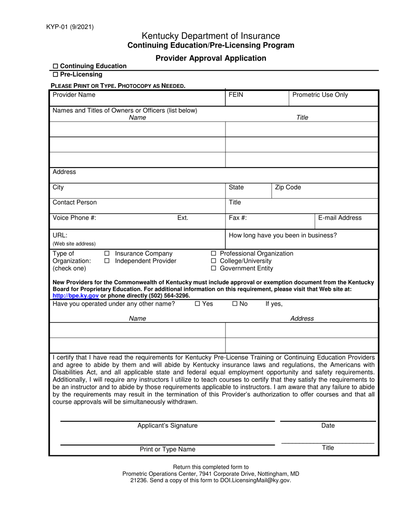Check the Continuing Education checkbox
click(x=56, y=66)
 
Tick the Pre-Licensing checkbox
click(x=56, y=75)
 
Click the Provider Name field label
click(x=74, y=95)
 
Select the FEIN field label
click(x=236, y=95)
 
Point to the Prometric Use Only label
click(x=320, y=95)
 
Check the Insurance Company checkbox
click(x=107, y=254)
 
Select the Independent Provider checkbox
click(x=107, y=261)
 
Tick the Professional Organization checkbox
click(x=213, y=254)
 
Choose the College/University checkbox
click(x=213, y=261)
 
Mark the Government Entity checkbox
click(x=213, y=269)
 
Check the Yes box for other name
click(x=197, y=304)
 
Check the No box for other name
click(x=235, y=304)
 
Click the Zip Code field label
click(x=288, y=187)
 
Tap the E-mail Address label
click(x=340, y=218)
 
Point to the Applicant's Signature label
click(x=167, y=425)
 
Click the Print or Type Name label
click(x=167, y=449)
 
